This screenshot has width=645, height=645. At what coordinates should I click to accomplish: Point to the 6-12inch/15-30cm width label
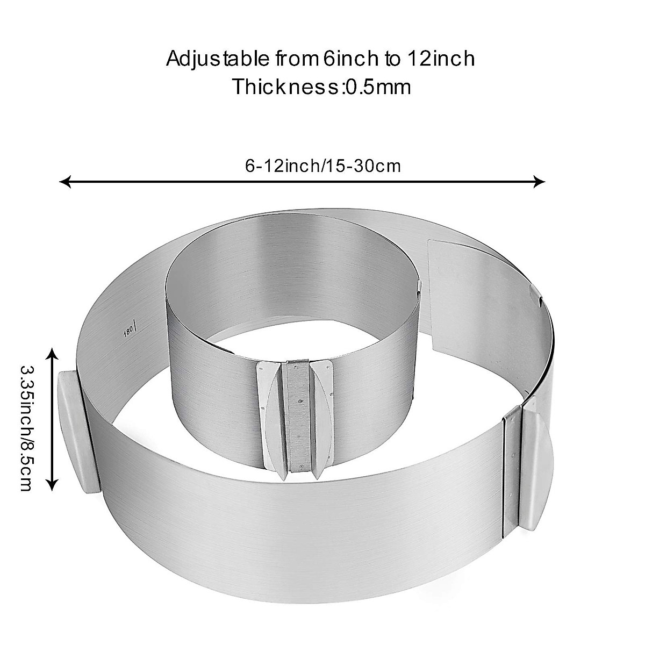(x=323, y=166)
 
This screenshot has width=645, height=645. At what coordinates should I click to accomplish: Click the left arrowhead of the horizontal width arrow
(x=64, y=182)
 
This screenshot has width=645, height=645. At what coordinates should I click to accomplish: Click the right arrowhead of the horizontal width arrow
(x=540, y=182)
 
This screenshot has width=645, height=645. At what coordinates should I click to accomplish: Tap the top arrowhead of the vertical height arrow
(x=52, y=353)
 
